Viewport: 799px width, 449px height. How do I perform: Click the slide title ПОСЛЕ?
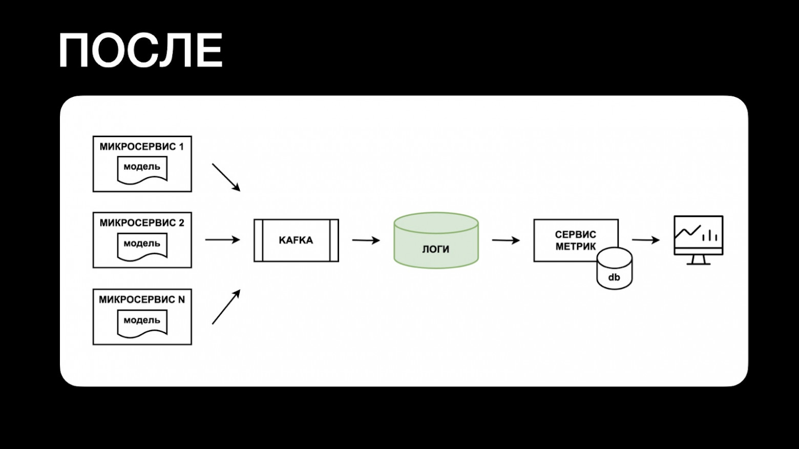(x=141, y=51)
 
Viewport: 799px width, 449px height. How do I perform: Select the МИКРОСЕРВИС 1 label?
(x=142, y=147)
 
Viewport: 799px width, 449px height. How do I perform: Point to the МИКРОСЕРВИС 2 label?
(x=142, y=223)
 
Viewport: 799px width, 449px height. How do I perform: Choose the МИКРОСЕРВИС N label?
(x=142, y=300)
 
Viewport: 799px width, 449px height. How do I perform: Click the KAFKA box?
(x=296, y=240)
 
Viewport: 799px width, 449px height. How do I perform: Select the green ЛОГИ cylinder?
(x=436, y=241)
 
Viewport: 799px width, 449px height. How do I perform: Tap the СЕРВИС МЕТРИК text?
(x=575, y=240)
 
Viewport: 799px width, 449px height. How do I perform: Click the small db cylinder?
(x=614, y=270)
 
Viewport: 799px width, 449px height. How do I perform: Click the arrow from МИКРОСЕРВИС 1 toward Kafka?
(x=226, y=177)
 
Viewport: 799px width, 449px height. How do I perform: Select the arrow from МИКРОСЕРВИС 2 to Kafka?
(x=222, y=240)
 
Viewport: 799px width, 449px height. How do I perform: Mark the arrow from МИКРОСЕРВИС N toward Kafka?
(x=226, y=307)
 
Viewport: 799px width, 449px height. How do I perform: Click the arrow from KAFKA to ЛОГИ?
(x=366, y=240)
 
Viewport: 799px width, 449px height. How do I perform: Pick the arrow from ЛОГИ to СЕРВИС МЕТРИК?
(x=506, y=240)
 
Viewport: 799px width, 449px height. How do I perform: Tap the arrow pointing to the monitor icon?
(x=645, y=240)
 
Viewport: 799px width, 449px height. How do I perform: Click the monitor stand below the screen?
(x=698, y=260)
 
